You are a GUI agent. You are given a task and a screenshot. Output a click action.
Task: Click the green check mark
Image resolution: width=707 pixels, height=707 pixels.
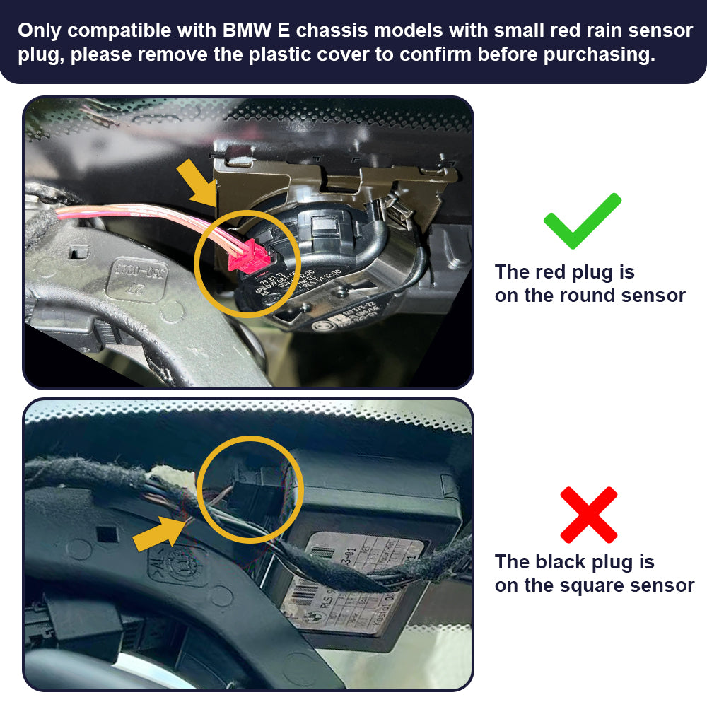582,221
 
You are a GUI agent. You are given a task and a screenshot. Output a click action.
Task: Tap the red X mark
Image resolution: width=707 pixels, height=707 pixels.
588,514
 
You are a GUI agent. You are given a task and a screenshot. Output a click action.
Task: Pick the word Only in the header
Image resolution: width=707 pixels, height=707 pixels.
40,31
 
